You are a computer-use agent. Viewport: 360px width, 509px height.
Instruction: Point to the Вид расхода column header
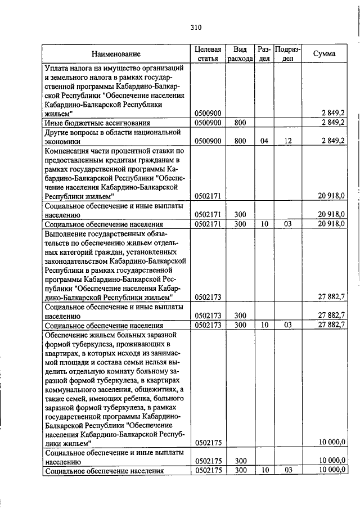[x=240, y=54]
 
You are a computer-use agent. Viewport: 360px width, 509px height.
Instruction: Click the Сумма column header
[x=326, y=54]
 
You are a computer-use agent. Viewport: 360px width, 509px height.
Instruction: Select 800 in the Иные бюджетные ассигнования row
[x=240, y=122]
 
